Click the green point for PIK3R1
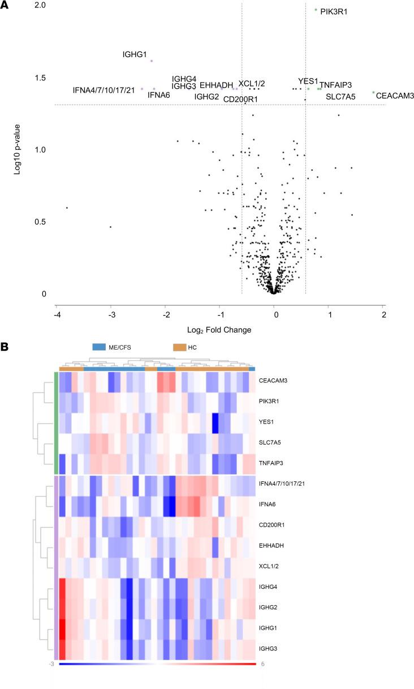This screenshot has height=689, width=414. (316, 10)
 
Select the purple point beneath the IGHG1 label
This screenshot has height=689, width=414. (152, 61)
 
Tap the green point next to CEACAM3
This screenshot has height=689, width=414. (373, 92)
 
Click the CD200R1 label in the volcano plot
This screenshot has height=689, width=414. (241, 99)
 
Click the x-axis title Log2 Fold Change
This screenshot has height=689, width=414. (219, 329)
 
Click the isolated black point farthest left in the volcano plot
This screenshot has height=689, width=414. (67, 208)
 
